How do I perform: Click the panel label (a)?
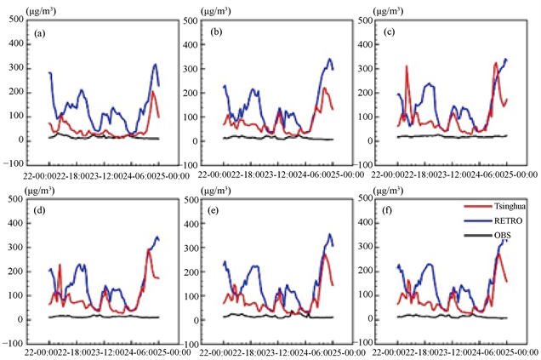coord(40,34)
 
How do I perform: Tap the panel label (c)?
coord(389,33)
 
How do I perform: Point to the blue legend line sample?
coord(476,228)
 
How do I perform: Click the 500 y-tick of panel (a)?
coord(15,18)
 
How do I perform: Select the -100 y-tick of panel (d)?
coord(14,345)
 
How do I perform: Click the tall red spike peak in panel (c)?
coord(407,66)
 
